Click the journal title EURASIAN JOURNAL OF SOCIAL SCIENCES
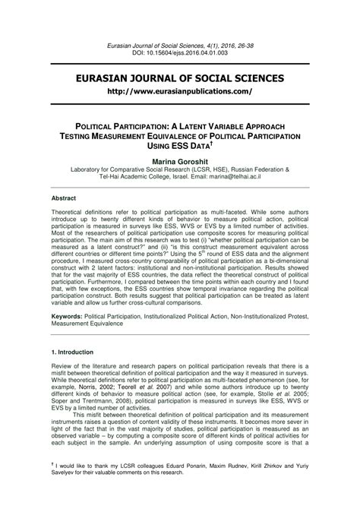[180, 78]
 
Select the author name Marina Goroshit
[180, 162]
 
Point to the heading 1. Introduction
[72, 353]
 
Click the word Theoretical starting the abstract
[68, 217]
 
